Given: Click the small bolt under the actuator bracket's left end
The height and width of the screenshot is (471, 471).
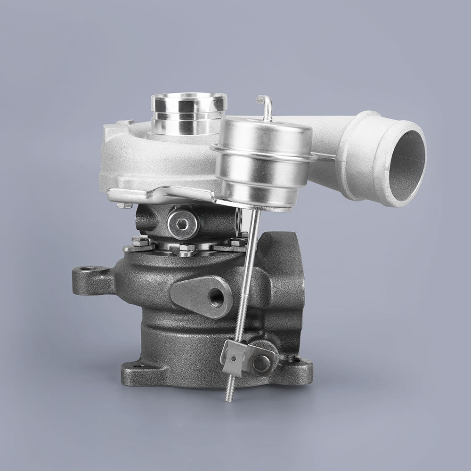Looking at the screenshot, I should (124, 205).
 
